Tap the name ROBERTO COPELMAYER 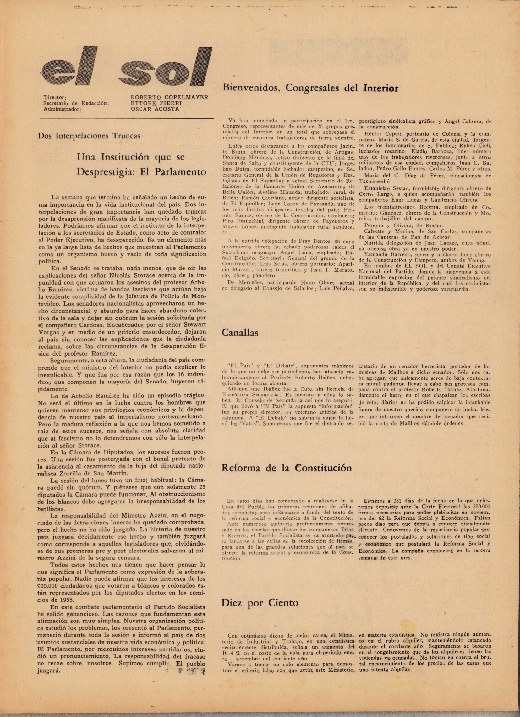(169, 97)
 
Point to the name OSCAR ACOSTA (155, 109)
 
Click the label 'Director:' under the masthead (55, 97)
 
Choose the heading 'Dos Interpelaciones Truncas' (89, 136)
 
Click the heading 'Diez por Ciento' (260, 603)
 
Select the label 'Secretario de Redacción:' (76, 103)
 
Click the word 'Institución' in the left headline (125, 157)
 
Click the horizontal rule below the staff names (126, 118)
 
